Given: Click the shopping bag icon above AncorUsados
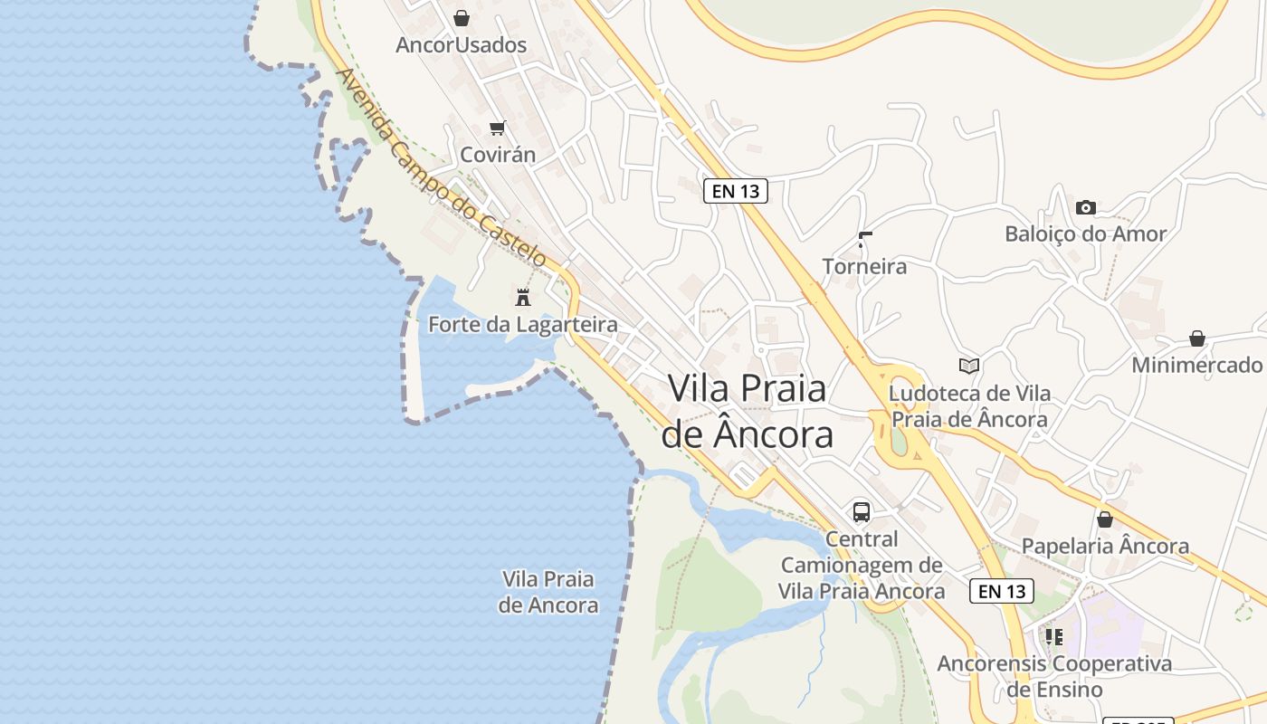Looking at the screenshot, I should click(x=462, y=18).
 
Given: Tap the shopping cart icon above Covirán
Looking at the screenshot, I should click(x=497, y=128).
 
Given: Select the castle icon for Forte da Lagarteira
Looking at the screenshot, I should click(x=522, y=297).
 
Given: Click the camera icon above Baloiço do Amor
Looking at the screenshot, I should click(x=1086, y=207).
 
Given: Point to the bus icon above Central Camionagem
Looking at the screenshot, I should click(x=862, y=512).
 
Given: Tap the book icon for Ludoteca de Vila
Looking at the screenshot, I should click(x=969, y=366).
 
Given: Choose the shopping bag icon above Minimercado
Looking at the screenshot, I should click(x=1197, y=338).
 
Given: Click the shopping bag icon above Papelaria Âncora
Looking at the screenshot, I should click(x=1105, y=519).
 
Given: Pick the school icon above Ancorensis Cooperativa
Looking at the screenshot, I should click(x=1054, y=636).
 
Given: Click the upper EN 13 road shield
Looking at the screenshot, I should click(x=736, y=191).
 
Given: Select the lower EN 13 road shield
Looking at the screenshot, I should click(x=1002, y=591).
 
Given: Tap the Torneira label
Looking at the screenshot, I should click(x=864, y=266).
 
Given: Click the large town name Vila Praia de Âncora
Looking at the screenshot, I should click(x=748, y=412).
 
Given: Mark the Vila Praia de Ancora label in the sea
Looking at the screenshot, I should click(x=548, y=592).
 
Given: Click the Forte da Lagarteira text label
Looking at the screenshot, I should click(x=523, y=324).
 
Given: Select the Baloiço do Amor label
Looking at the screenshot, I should click(x=1086, y=233).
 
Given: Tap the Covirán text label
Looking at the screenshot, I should click(x=498, y=155).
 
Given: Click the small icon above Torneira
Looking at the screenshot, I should click(x=865, y=240).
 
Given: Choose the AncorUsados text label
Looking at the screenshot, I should click(x=462, y=44).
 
